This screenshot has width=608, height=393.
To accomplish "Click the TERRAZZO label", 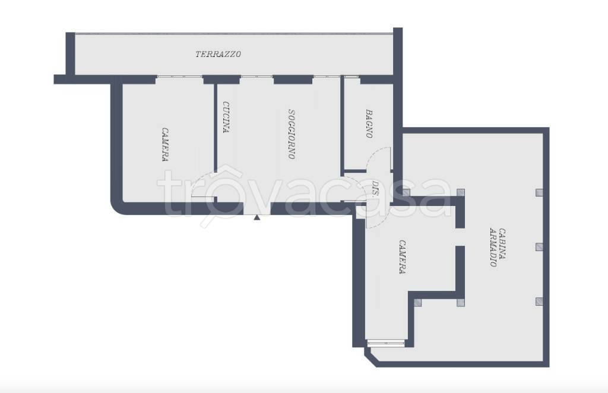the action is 218,54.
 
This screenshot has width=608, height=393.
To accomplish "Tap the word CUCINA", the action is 226,117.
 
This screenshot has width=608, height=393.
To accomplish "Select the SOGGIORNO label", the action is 292,134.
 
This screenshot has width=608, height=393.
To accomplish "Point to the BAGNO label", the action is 369,123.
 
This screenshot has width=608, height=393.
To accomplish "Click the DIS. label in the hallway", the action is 375,188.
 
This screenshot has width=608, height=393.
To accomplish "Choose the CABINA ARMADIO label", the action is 498,248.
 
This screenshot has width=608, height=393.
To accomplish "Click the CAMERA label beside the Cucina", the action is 165,144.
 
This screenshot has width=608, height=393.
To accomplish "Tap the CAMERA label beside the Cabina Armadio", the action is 403,256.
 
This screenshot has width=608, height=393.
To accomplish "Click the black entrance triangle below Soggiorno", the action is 256,217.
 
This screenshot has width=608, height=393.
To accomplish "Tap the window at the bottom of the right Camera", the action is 385,343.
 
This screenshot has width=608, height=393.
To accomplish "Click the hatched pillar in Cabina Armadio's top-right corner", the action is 539,192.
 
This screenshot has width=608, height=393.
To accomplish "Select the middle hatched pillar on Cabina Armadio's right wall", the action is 539,247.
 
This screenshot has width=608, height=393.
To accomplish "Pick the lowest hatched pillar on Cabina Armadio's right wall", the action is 539,301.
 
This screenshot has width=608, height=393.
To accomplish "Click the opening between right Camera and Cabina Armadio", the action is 460,237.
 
